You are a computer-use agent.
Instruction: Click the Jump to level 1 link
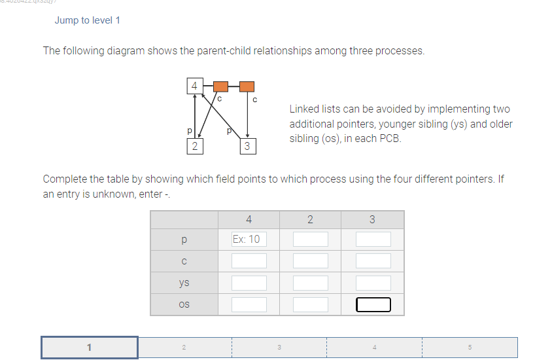point(87,20)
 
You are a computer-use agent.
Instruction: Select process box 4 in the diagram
point(194,86)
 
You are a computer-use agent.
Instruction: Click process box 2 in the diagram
point(194,146)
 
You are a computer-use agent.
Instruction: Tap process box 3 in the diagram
point(247,146)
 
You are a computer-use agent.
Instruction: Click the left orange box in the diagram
point(221,86)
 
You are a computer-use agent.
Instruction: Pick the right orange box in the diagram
point(247,86)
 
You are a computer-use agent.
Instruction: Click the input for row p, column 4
point(249,239)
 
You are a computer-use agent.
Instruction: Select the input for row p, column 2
point(310,239)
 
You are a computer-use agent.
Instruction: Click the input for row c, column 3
point(373,261)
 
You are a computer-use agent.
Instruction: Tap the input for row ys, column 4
point(249,283)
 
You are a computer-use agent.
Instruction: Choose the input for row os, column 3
point(373,304)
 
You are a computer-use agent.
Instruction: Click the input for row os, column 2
point(310,304)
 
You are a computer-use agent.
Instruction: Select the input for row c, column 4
point(249,261)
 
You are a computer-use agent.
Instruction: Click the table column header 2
point(310,219)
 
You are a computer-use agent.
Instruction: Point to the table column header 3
point(373,219)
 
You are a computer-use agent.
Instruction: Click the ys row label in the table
point(184,283)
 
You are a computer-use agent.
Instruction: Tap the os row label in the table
point(184,304)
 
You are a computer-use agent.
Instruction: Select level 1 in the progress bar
point(90,348)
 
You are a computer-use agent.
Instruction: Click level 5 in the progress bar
point(470,348)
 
